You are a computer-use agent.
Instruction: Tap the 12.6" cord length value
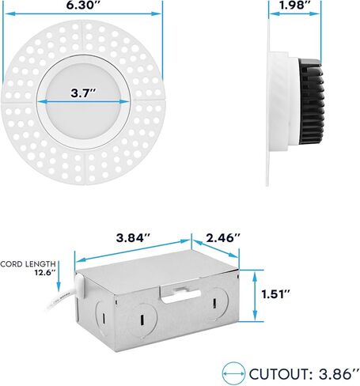[45, 273]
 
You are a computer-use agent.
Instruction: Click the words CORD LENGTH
[29, 263]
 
